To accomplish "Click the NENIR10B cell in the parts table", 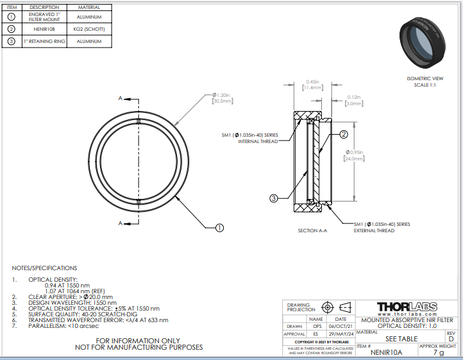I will click(44, 30).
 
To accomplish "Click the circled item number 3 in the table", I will click(11, 42).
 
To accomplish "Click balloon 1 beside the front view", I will click(219, 227).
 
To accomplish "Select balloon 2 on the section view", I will click(344, 135).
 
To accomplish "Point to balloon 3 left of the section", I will click(273, 199).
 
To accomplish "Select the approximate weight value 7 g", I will click(439, 352).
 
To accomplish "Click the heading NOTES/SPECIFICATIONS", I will click(44, 268).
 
